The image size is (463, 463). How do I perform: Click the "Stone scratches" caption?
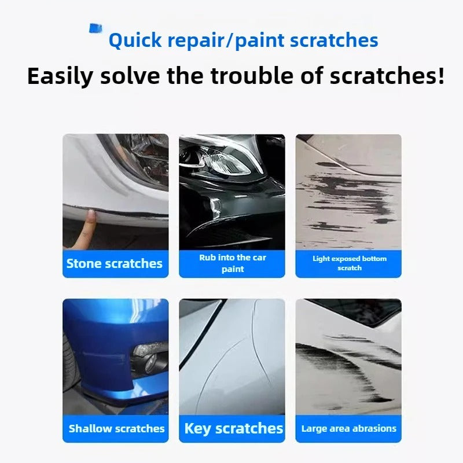click(x=115, y=264)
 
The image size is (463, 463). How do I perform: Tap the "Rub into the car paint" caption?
click(x=232, y=263)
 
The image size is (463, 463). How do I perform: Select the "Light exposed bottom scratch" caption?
click(x=349, y=263)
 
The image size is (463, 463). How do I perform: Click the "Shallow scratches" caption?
click(x=116, y=429)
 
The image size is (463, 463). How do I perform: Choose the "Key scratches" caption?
click(x=233, y=429)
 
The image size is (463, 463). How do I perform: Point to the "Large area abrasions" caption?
click(x=349, y=429)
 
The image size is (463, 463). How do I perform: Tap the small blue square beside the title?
click(x=95, y=28)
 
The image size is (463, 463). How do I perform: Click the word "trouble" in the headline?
click(x=248, y=76)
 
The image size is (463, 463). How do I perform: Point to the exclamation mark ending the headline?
click(x=440, y=76)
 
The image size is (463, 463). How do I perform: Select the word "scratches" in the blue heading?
click(x=334, y=41)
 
